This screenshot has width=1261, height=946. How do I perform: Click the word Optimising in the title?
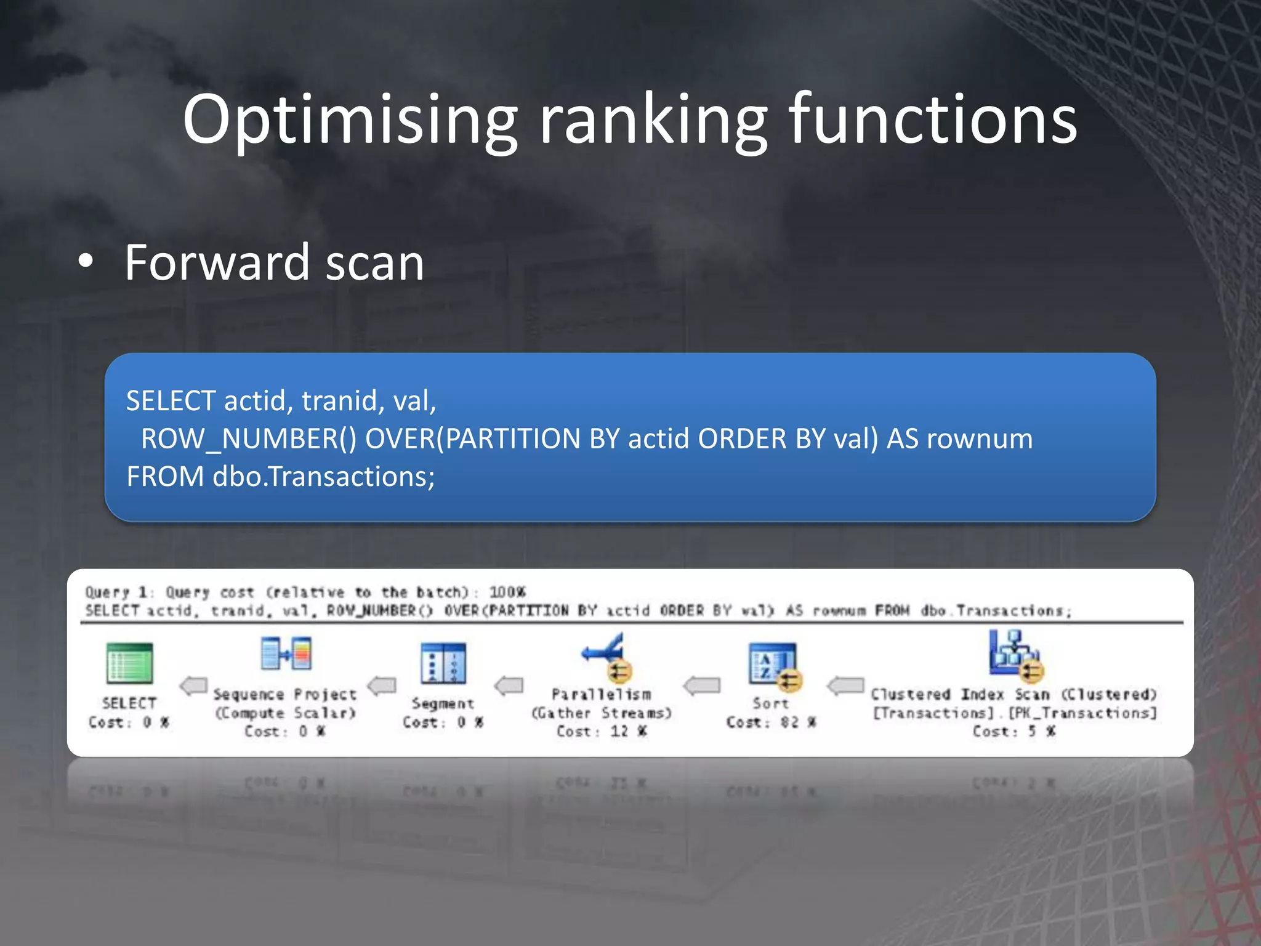point(350,120)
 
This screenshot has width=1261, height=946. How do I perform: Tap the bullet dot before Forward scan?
point(86,261)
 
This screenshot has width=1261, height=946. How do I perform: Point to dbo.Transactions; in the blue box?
point(323,477)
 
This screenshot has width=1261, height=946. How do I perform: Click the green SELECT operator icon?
point(129,663)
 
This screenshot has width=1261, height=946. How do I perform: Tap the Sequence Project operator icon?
point(286,653)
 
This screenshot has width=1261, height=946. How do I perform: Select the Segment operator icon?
point(443,663)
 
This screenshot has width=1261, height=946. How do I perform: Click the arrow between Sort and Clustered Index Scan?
point(845,685)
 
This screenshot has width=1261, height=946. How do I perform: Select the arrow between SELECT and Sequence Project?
point(193,685)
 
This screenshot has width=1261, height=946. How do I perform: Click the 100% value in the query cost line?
point(507,592)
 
